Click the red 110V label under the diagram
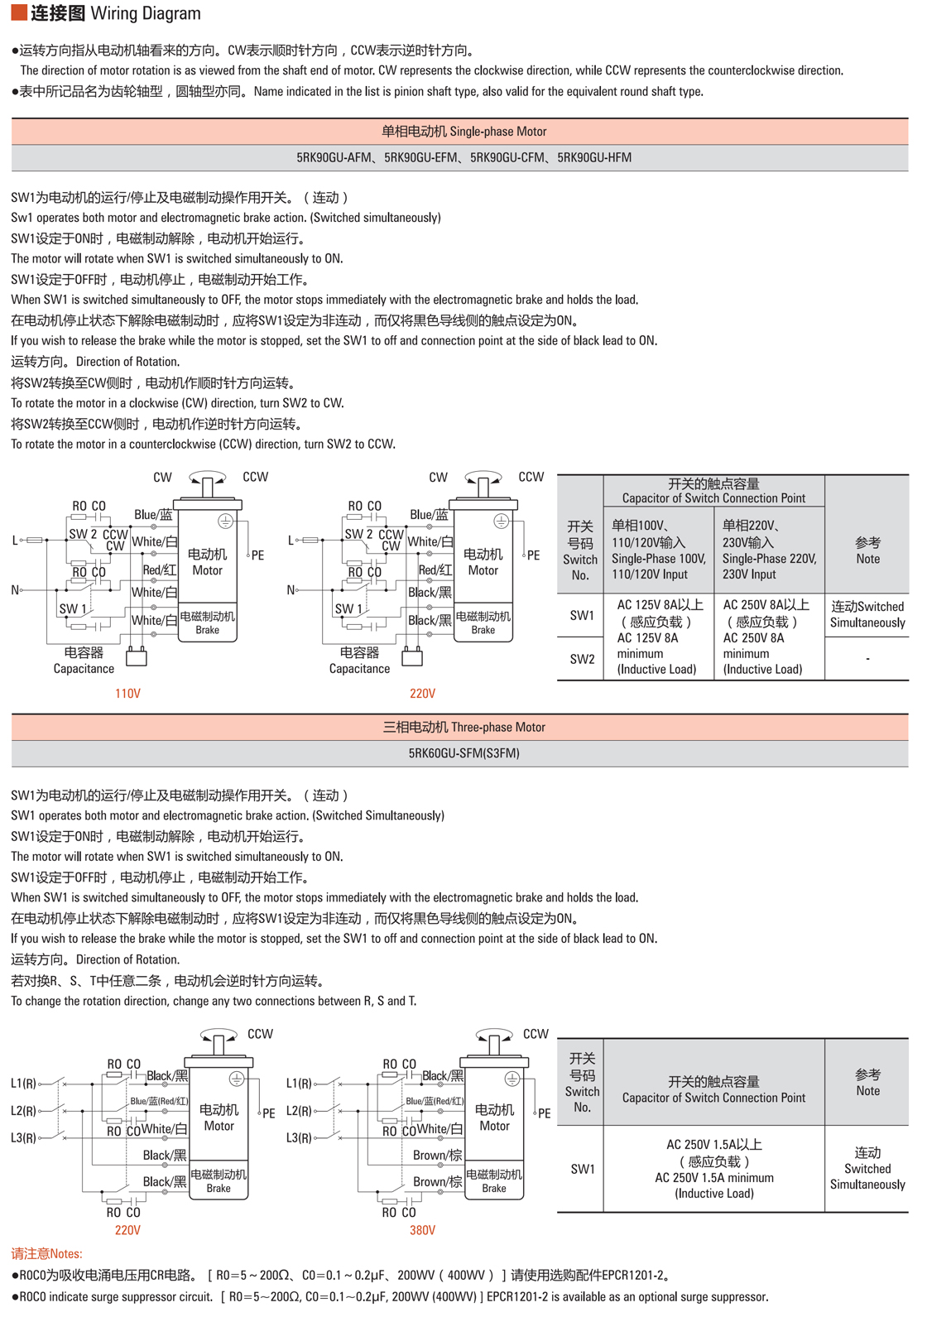[x=127, y=694]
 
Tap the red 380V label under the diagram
[x=422, y=1230]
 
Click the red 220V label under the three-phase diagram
[x=127, y=1230]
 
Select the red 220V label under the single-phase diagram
[x=422, y=694]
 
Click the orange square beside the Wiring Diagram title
[x=18, y=13]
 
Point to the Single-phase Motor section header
[x=463, y=132]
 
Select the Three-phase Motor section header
[x=463, y=728]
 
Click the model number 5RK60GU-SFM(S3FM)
[x=463, y=753]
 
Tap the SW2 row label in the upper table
[x=582, y=659]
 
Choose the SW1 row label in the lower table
[x=583, y=1169]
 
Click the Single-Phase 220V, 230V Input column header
[x=769, y=550]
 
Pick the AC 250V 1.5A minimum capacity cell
[x=713, y=1169]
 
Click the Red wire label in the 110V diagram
[x=159, y=570]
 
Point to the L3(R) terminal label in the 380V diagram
[x=299, y=1138]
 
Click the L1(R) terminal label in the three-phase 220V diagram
[x=23, y=1083]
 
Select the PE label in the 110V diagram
[x=257, y=555]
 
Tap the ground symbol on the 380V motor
[x=512, y=1079]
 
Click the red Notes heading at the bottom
[x=46, y=1254]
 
